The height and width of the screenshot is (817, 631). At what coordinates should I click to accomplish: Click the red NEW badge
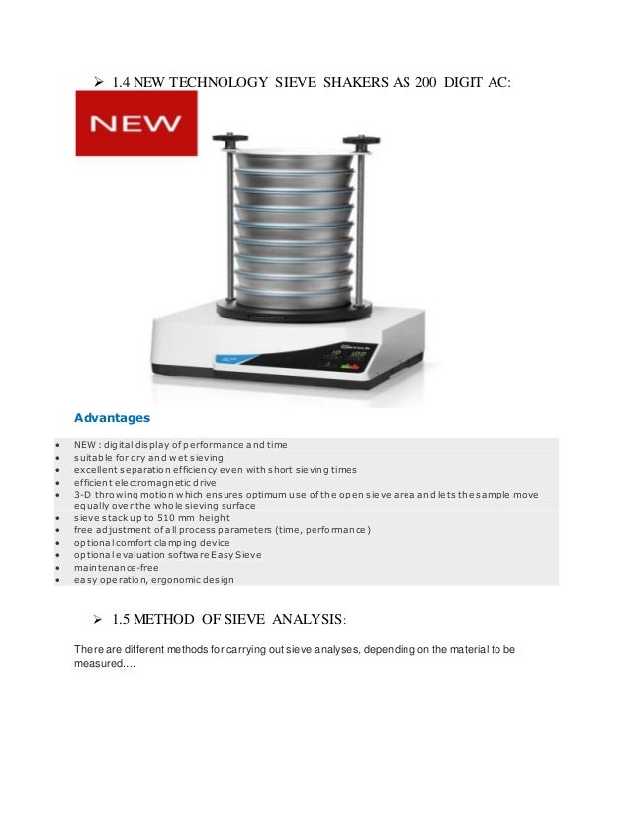(136, 124)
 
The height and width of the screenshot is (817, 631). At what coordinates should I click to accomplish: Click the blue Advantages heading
(112, 419)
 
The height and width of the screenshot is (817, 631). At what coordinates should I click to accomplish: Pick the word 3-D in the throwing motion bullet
(82, 494)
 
